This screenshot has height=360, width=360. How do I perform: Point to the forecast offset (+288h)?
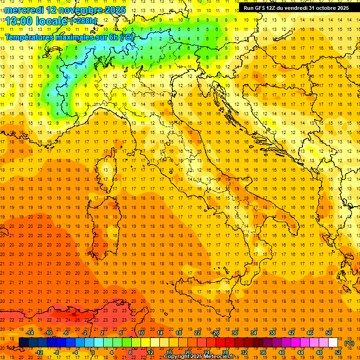pos(83,21)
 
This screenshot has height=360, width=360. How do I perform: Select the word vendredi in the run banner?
pos(294,8)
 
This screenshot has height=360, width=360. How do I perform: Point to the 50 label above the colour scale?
pos(329,333)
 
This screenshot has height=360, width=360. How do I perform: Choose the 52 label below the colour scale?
pos(338,352)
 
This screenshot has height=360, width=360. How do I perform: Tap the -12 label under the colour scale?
pos(39,352)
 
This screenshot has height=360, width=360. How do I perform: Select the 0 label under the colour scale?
pos(93,352)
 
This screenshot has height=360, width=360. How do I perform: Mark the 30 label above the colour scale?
pos(235,333)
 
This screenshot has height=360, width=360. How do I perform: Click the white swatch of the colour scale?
pos(333,342)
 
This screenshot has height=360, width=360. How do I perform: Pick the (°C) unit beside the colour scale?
pos(349,343)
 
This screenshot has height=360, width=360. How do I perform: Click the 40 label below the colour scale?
pos(281,352)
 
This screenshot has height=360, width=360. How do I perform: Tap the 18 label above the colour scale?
pos(178,333)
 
